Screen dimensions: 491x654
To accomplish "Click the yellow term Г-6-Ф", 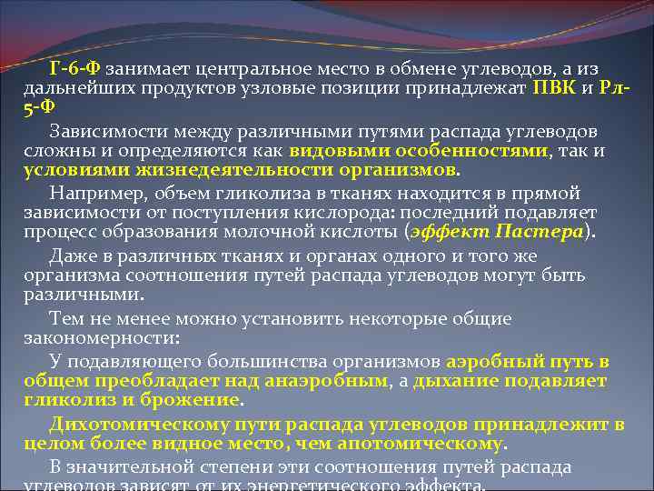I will point(76,69).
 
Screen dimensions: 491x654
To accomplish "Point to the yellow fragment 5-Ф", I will point(38,107).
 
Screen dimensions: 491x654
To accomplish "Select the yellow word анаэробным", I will point(322,380).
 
